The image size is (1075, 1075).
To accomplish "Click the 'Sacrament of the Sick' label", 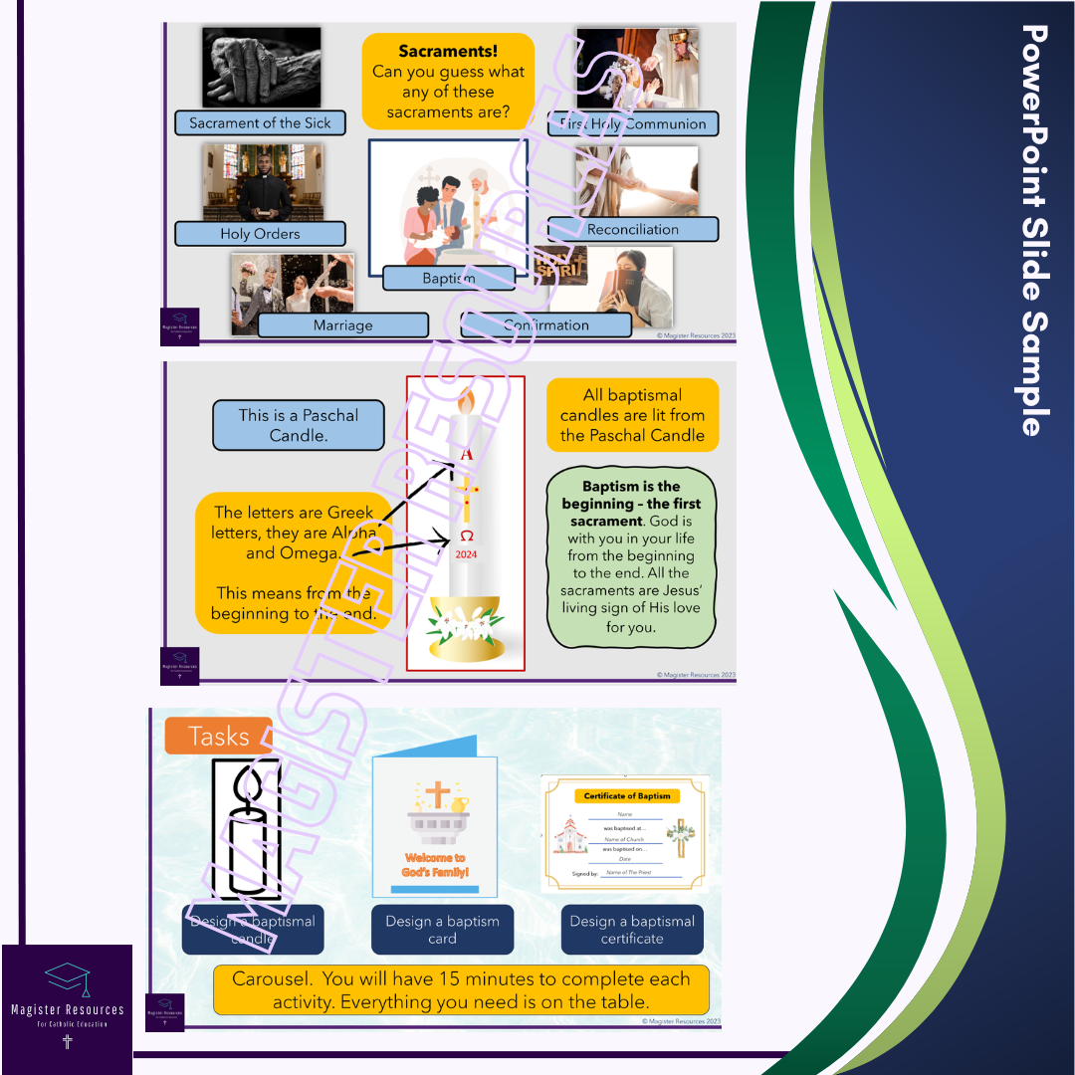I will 260,123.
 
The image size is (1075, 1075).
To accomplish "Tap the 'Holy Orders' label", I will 260,234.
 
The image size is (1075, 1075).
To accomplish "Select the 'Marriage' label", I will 342,325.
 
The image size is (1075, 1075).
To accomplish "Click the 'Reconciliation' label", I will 633,230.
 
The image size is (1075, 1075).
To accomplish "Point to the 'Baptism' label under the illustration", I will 448,279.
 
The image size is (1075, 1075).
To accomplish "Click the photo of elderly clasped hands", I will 261,68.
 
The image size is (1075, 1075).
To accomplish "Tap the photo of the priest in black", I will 263,182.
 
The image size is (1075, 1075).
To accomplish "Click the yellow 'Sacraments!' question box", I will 448,82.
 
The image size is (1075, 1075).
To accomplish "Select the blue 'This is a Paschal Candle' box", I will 298,425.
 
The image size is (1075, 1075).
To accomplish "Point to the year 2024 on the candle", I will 466,555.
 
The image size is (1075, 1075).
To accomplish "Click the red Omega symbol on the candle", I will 466,536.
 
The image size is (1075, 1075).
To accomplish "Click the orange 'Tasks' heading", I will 218,737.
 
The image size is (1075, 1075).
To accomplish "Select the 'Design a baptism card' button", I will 443,930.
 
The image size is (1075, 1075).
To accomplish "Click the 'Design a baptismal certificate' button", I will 632,930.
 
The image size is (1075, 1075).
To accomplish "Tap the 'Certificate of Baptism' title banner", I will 627,795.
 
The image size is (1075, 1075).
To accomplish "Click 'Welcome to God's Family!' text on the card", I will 435,865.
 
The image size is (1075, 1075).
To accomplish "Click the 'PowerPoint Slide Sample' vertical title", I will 1035,229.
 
